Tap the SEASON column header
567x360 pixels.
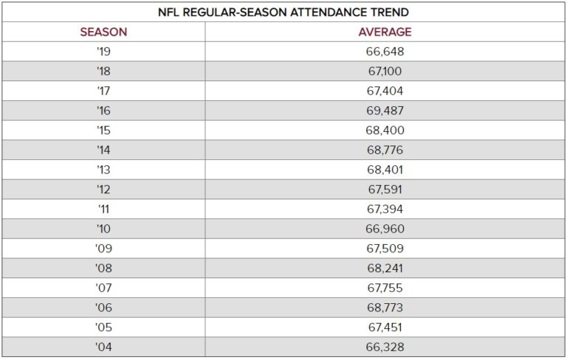point(103,32)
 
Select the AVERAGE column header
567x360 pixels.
point(385,32)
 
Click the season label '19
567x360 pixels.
point(103,52)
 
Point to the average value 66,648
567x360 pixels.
point(385,52)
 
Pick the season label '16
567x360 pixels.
point(103,111)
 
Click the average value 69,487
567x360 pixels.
point(385,111)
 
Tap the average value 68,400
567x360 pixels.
point(385,131)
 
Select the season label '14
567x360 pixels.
point(103,150)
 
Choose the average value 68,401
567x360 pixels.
point(385,170)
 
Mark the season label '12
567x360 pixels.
point(103,190)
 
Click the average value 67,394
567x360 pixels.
point(385,210)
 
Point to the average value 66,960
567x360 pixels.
point(385,229)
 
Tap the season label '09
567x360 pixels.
point(103,249)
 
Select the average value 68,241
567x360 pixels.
point(385,269)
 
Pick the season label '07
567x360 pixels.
point(103,288)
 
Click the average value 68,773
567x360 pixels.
point(385,308)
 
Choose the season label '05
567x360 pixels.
point(103,328)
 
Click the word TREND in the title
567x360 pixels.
point(392,13)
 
